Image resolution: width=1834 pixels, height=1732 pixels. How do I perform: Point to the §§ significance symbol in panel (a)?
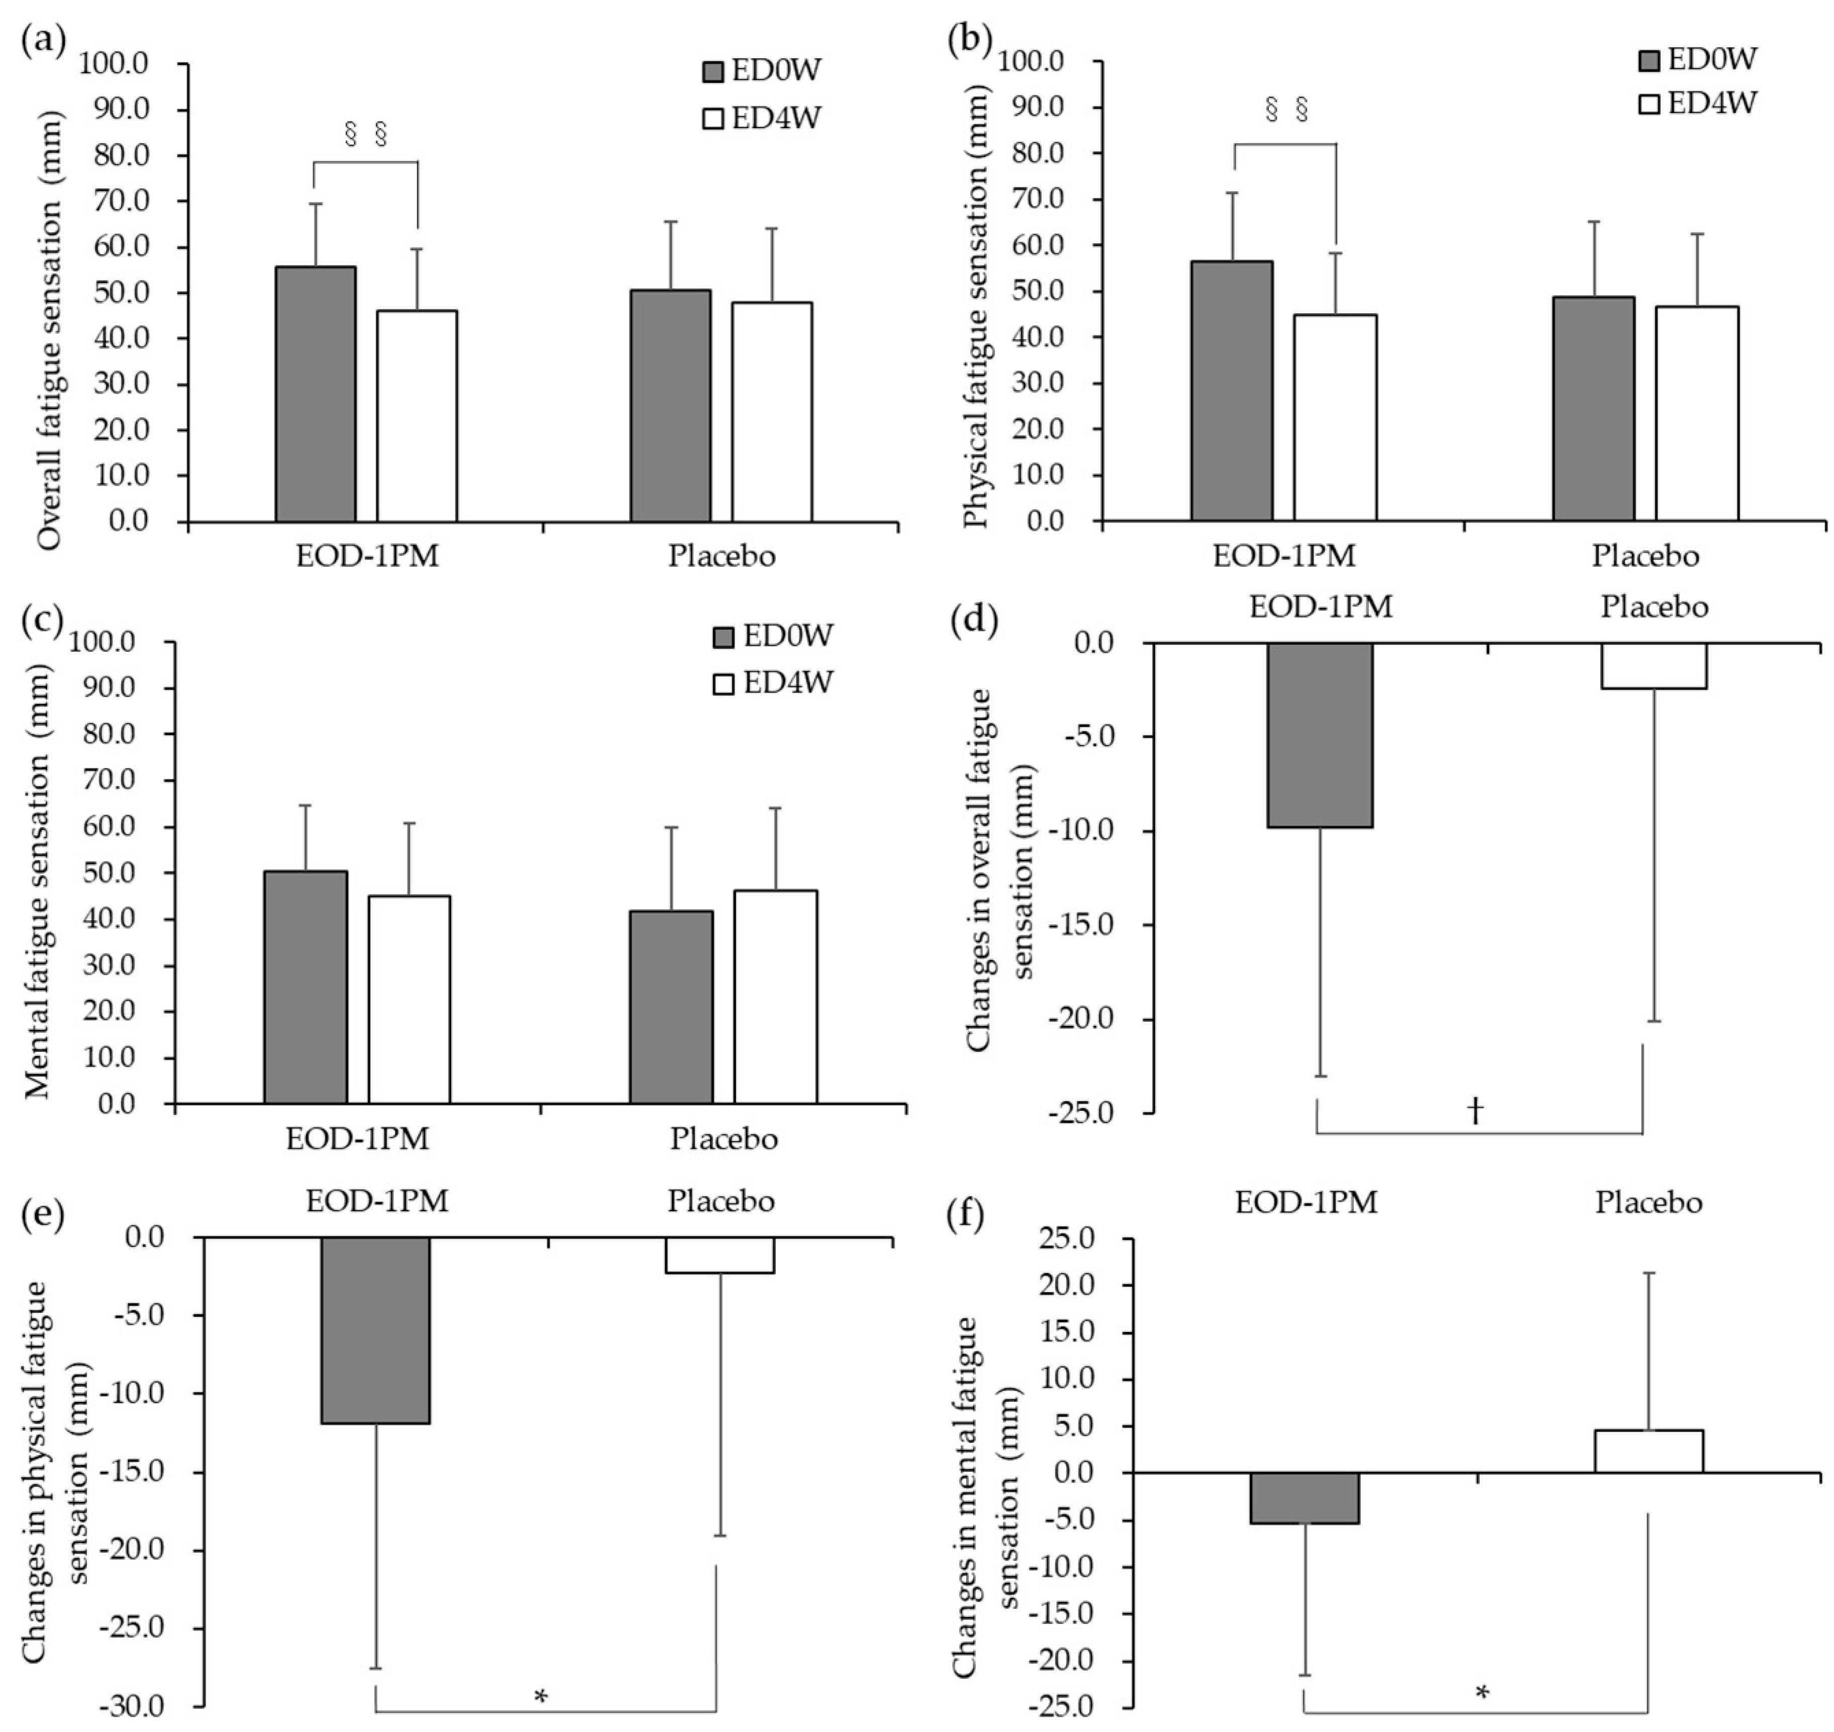365,135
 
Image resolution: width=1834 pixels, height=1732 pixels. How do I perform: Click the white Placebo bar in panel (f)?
1649,1452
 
